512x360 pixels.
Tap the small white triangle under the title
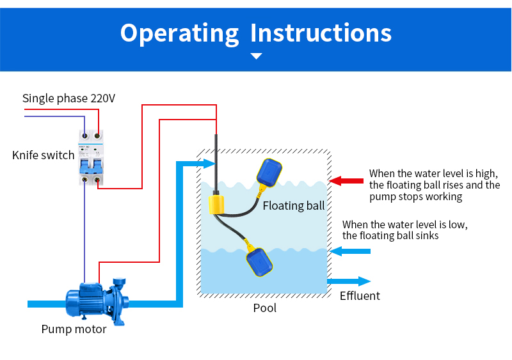pos(256,56)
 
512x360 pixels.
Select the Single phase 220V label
pos(68,98)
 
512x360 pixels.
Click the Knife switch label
pos(43,155)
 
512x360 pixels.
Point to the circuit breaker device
pos(91,158)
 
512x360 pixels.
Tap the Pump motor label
pos(74,329)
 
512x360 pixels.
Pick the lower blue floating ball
pos(260,263)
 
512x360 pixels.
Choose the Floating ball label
pos(293,206)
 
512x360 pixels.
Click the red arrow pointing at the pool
pos(346,181)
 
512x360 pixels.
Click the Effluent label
pos(360,296)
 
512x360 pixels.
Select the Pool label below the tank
pos(265,308)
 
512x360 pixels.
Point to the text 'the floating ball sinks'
pos(390,236)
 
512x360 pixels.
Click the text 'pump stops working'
pos(415,197)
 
